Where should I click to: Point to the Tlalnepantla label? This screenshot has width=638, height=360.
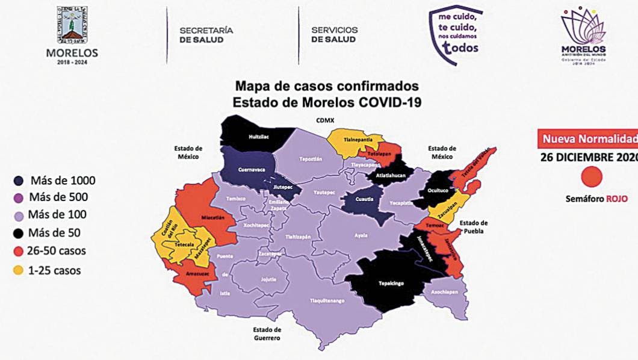tap(356, 139)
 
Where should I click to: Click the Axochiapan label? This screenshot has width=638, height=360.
tap(444, 292)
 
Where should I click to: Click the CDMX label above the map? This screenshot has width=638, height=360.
tap(325, 120)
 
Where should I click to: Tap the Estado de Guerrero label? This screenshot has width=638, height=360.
tap(268, 334)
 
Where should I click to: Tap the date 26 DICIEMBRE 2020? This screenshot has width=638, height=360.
tap(588, 158)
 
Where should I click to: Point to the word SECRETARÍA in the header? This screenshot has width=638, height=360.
tap(206, 30)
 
